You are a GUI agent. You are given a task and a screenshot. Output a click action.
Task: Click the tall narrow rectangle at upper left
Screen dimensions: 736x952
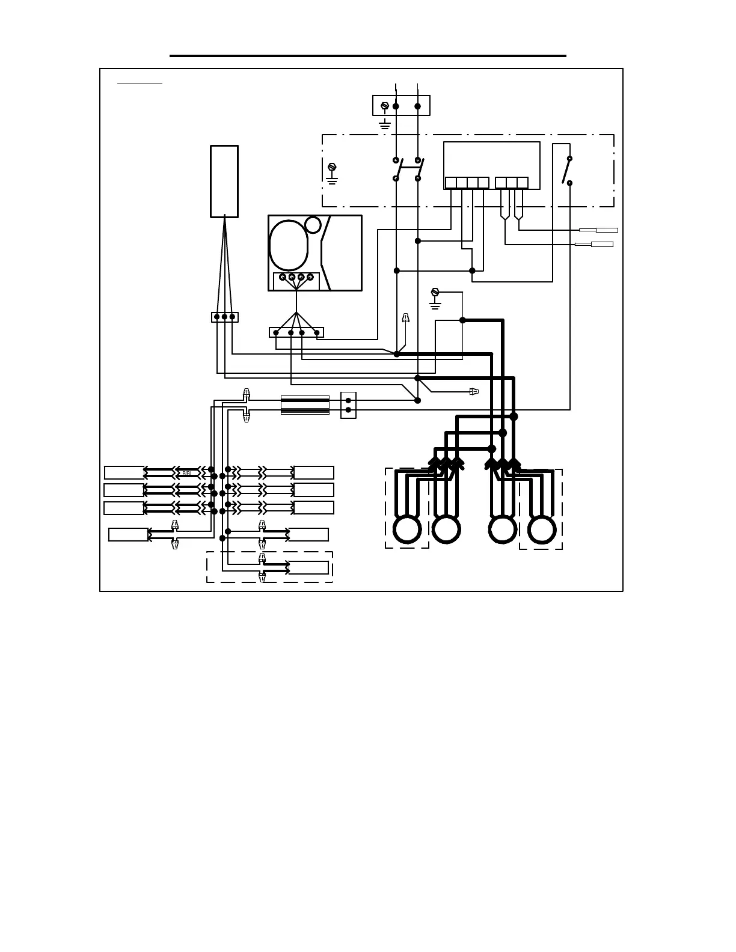pos(224,180)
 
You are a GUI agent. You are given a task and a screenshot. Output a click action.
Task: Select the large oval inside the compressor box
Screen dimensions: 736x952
pos(289,245)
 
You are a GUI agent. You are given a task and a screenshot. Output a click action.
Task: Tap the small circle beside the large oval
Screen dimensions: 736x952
pos(313,225)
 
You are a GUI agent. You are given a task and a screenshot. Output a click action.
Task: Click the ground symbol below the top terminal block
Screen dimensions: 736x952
pos(385,126)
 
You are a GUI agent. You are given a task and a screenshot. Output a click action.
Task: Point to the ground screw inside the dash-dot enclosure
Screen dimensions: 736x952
pos(332,167)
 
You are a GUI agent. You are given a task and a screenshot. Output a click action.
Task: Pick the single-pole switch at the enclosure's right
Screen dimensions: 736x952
pos(566,171)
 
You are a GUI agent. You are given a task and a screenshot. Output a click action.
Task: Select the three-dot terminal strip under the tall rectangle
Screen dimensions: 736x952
pos(224,317)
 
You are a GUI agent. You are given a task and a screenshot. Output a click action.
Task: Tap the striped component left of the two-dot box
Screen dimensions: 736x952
pos(305,405)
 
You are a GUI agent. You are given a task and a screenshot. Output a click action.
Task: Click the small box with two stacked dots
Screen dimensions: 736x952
pos(348,405)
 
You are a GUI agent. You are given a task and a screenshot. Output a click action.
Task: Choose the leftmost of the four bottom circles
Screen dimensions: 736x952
pos(407,529)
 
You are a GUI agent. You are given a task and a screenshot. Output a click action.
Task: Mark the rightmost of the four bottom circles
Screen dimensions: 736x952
pos(541,529)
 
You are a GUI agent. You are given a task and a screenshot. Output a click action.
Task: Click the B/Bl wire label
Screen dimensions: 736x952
pos(187,473)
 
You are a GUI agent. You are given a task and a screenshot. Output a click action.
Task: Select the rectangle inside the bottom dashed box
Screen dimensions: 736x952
pos(308,567)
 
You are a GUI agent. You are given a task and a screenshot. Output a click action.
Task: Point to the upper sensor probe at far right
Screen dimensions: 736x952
pos(606,230)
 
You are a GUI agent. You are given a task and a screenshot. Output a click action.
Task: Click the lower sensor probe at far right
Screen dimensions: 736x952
pos(601,244)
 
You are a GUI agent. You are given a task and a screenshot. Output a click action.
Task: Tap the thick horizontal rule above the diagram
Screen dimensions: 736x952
pos(368,56)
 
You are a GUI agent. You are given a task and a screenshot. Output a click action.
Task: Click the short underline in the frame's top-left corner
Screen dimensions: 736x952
pos(140,84)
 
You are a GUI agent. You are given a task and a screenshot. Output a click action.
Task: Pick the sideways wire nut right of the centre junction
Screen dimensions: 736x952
pos(474,391)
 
